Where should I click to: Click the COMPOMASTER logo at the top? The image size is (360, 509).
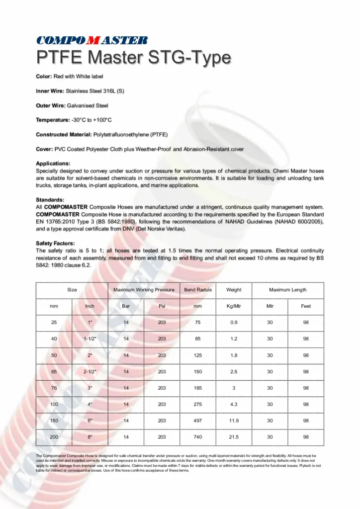91,40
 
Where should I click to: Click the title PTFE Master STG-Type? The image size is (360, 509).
133,58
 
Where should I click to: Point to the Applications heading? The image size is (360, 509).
53,163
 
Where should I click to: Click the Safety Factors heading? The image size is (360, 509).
56,243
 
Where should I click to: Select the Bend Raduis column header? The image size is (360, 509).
198,290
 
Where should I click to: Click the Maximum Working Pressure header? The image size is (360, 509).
144,290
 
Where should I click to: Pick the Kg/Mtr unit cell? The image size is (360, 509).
234,306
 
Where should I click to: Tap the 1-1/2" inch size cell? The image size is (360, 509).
90,339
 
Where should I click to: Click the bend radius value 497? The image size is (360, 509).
198,421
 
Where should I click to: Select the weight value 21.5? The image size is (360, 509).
234,437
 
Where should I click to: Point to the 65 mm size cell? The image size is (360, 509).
54,371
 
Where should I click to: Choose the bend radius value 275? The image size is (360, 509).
198,405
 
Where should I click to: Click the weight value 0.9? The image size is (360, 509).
234,323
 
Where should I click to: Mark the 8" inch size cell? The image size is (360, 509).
90,437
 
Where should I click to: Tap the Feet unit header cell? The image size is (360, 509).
306,306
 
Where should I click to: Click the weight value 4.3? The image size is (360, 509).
234,405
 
